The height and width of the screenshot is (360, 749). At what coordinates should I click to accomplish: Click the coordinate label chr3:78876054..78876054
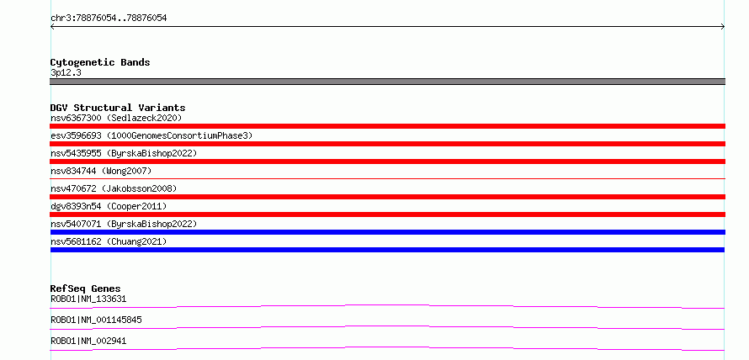tap(109, 19)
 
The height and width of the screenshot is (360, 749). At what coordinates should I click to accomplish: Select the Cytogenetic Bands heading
tap(100, 62)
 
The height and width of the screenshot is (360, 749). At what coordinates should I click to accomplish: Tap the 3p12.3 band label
tap(66, 73)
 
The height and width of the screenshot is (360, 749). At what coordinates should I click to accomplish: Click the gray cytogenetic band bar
tap(387, 82)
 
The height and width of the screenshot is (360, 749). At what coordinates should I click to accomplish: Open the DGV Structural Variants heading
tap(118, 108)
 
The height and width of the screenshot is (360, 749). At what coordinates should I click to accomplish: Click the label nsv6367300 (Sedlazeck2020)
tap(116, 118)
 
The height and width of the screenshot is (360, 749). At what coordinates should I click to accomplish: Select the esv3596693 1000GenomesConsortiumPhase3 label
tap(151, 136)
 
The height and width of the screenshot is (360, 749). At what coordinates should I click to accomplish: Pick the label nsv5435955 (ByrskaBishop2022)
tap(124, 153)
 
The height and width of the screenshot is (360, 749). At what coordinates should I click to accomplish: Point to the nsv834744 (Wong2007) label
tap(101, 171)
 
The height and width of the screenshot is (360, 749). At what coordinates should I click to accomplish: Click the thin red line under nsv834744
tap(387, 178)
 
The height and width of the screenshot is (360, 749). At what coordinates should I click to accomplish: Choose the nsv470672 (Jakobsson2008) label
tap(114, 188)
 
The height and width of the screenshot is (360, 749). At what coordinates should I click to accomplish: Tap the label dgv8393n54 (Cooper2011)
tap(109, 206)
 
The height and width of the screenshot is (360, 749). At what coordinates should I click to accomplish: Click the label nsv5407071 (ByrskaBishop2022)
tap(124, 224)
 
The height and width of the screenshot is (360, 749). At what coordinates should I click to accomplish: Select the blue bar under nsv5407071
tap(387, 232)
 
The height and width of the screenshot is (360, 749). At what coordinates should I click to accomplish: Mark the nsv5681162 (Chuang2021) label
tap(109, 241)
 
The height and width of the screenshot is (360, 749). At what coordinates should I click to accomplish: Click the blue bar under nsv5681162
tap(387, 250)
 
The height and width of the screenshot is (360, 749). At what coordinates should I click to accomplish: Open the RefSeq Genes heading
tap(86, 289)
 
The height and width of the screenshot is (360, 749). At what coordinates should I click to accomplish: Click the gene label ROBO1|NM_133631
tap(88, 299)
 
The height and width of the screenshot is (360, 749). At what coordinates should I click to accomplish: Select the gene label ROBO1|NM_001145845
tap(96, 320)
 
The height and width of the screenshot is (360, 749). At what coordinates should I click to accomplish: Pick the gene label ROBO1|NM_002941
tap(88, 341)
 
